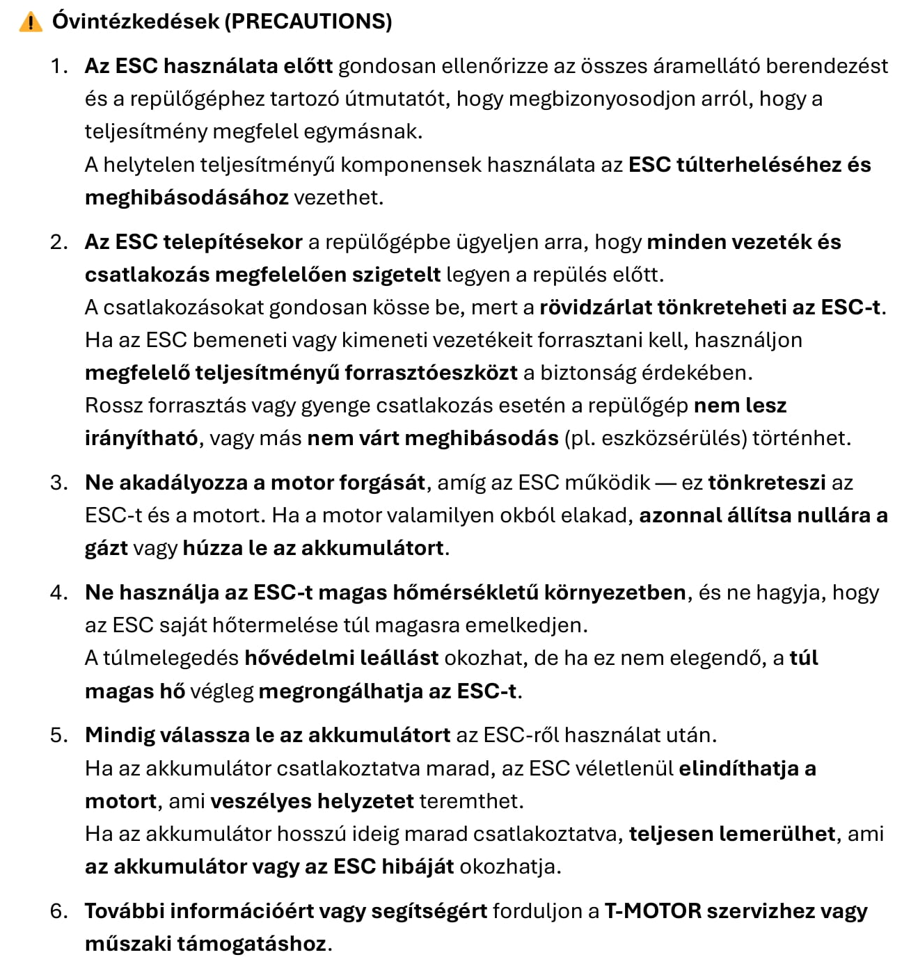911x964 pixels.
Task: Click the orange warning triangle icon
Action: pos(31,22)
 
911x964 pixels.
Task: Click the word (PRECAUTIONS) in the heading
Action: pos(308,22)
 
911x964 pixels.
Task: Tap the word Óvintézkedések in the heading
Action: pos(136,22)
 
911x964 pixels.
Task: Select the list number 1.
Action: pos(58,66)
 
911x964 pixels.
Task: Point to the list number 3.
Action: pos(58,483)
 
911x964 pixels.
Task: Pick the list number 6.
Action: pos(58,911)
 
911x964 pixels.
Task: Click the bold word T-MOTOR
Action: pos(653,911)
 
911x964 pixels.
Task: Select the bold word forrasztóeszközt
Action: pos(431,373)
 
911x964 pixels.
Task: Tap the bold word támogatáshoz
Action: pos(251,944)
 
